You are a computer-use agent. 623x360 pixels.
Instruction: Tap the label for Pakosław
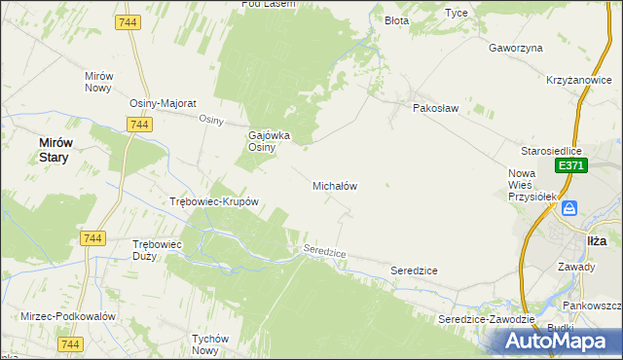[434, 108]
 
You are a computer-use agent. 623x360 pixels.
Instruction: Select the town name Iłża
[597, 238]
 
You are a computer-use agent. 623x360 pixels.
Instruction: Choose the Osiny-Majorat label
[164, 103]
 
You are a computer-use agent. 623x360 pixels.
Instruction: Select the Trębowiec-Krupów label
[213, 202]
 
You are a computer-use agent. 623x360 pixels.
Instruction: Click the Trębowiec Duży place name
[157, 250]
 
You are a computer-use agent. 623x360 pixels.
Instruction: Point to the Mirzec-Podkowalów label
[68, 317]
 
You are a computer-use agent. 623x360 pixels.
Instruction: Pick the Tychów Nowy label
[210, 344]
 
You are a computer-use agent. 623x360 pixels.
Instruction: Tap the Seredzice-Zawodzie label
[487, 319]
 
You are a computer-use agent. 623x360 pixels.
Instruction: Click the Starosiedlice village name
[551, 151]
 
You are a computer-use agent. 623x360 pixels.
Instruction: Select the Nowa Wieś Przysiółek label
[531, 185]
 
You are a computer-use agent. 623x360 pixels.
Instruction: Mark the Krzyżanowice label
[577, 81]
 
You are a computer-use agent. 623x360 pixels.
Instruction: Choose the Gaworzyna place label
[515, 47]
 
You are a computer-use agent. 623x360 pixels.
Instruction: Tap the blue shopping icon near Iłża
[571, 207]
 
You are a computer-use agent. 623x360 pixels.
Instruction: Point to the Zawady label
[576, 266]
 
